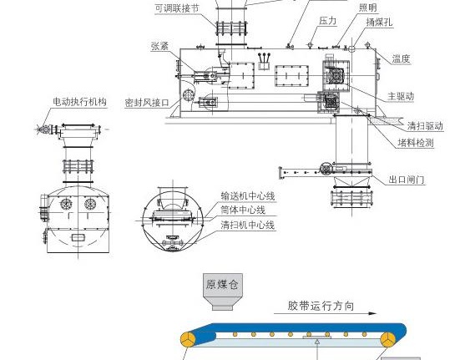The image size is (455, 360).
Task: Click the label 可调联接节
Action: (177, 8)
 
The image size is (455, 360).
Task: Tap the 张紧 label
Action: (160, 46)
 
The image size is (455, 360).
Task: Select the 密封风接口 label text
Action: (147, 103)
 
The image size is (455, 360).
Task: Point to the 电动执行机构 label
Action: (80, 102)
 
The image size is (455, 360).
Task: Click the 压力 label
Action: (328, 21)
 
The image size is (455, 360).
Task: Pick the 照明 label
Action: (368, 8)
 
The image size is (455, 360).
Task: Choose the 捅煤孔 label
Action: (379, 22)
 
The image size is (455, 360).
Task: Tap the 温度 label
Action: (401, 59)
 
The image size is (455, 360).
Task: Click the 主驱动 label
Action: (401, 96)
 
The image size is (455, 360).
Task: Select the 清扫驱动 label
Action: (426, 126)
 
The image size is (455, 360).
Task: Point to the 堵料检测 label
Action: (416, 143)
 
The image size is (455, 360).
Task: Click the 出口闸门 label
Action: (407, 180)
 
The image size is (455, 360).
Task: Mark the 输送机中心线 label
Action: (248, 196)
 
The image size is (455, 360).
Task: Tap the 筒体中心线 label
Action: (243, 210)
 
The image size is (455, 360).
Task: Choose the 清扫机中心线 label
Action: (248, 225)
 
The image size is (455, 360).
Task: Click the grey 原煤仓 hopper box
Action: (223, 292)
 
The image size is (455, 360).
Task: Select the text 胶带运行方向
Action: (321, 306)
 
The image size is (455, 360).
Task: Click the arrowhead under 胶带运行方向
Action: (372, 313)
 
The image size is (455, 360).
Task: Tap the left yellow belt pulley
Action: (188, 339)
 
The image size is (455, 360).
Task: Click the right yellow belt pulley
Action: (387, 339)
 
